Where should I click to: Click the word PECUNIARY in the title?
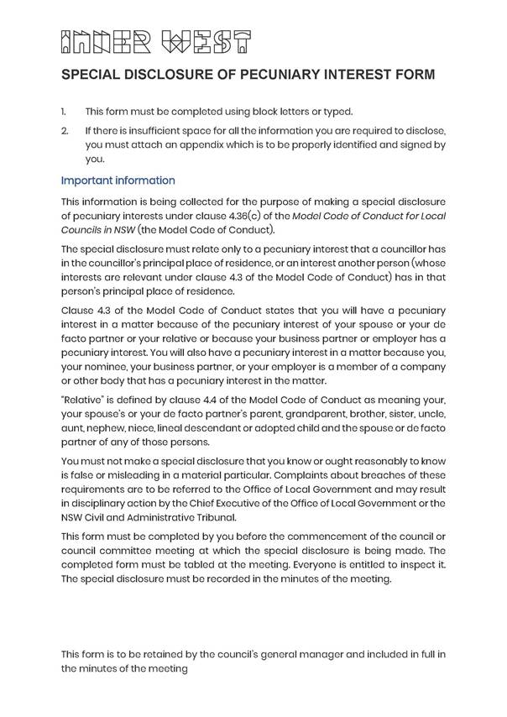click(275, 76)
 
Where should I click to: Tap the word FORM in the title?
click(415, 76)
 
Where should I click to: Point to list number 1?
click(64, 112)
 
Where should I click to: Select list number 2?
click(65, 132)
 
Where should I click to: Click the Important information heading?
click(118, 181)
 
